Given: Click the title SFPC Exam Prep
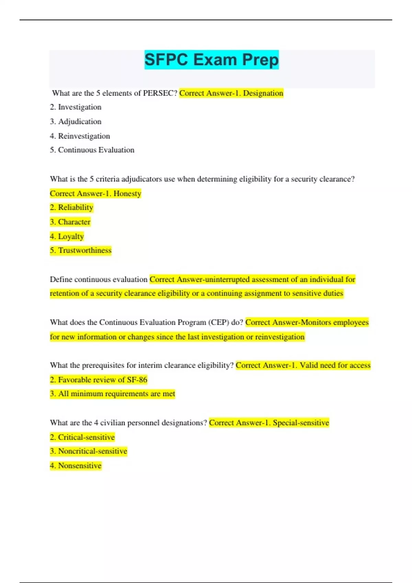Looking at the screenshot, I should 211,60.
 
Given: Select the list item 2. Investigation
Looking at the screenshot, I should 76,107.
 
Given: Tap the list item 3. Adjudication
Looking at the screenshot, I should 76,121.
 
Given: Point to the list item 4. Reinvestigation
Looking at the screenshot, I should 80,136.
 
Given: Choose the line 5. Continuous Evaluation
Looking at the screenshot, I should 92,150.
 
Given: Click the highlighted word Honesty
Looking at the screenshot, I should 127,193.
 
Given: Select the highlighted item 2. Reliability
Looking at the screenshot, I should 71,207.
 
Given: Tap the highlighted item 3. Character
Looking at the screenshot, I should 70,222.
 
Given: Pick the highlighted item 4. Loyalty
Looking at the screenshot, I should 67,236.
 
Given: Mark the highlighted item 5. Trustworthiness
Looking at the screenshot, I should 81,250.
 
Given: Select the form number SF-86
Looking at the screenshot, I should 137,380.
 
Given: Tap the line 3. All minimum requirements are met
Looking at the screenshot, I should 113,394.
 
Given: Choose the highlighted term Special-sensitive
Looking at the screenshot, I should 301,423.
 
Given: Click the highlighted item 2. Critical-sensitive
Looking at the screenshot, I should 82,437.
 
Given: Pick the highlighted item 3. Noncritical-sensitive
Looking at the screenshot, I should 89,451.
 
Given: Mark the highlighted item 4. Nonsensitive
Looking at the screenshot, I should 76,466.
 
